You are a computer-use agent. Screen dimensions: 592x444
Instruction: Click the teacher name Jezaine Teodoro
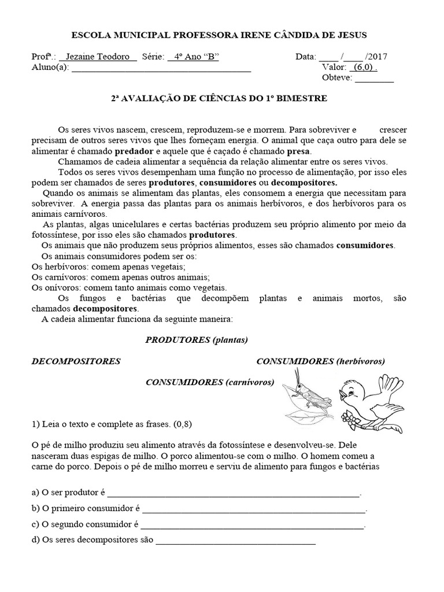pyautogui.click(x=98, y=57)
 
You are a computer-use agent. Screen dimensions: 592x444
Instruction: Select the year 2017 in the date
pyautogui.click(x=376, y=57)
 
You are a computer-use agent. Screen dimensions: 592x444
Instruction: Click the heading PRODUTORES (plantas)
pyautogui.click(x=197, y=339)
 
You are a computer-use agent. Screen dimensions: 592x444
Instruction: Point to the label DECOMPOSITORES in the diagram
pyautogui.click(x=76, y=361)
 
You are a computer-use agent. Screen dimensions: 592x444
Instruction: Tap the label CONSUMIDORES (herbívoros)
pyautogui.click(x=320, y=361)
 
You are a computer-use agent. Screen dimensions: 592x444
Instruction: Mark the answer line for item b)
pyautogui.click(x=254, y=510)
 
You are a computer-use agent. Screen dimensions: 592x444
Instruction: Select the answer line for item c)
pyautogui.click(x=252, y=526)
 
